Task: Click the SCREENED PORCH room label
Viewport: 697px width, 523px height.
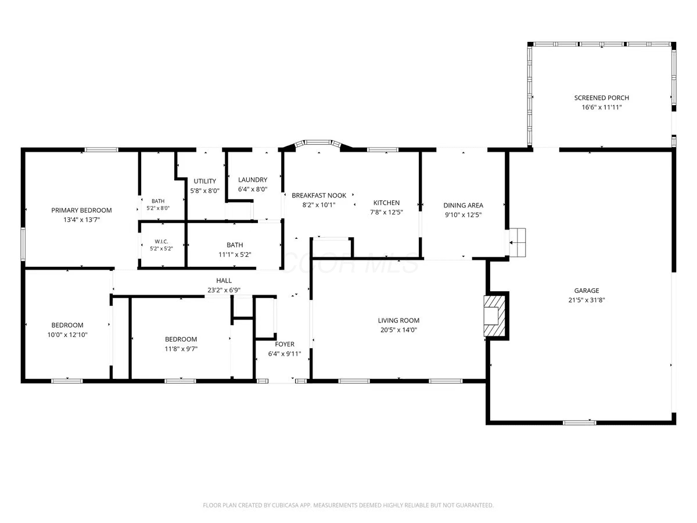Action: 601,98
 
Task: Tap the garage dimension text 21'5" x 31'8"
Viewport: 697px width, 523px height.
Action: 587,300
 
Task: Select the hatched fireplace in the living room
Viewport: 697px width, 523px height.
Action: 494,316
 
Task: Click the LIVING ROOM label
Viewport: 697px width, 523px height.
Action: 398,320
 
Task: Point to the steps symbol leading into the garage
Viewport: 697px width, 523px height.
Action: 518,242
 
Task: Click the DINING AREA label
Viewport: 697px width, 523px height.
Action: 464,206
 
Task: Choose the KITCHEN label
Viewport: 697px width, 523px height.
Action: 386,203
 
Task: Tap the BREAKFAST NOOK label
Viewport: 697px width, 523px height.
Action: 319,195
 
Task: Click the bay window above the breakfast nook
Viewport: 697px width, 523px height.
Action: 318,143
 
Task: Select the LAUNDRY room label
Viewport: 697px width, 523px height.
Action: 253,180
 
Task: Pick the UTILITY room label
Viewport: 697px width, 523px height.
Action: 205,181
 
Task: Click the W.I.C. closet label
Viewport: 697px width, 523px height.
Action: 161,242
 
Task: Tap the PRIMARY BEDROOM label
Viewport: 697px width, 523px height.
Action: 82,210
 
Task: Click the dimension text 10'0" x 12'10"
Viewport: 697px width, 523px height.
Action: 67,335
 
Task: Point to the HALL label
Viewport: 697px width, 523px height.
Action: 224,281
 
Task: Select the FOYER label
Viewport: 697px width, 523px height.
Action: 285,344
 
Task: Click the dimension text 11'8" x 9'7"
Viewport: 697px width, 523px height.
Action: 181,349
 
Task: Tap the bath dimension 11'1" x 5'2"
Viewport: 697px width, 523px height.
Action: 235,255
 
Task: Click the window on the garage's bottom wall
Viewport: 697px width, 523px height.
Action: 580,422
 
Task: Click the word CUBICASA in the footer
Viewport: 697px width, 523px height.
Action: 285,505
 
